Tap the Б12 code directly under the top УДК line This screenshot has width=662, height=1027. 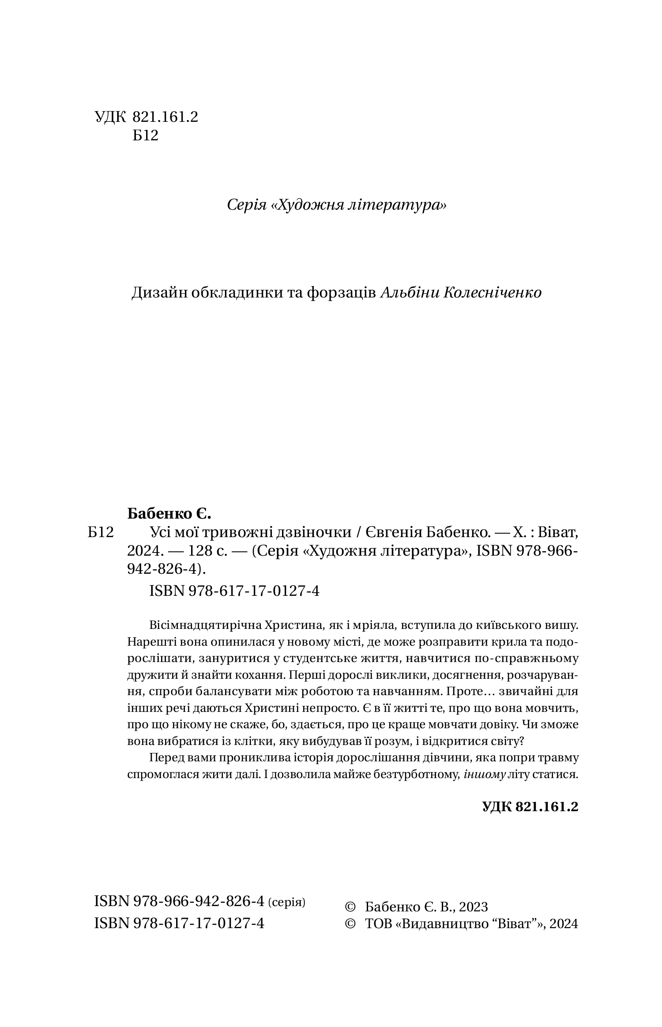(145, 135)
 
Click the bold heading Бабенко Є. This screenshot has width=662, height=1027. (169, 514)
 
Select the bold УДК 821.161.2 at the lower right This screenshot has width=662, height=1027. (530, 807)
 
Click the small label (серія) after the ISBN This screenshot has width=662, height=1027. (287, 902)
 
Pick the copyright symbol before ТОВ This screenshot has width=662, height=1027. (350, 924)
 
